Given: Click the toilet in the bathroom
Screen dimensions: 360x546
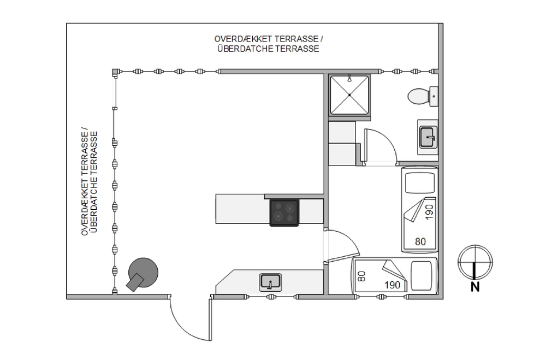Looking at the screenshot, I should (418, 96).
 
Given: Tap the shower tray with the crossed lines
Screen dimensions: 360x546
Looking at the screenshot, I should (349, 95).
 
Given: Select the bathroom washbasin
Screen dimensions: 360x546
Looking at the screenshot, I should (428, 136).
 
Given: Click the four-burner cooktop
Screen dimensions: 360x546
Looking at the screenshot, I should (284, 213).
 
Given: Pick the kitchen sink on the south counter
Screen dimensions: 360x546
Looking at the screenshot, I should (270, 282).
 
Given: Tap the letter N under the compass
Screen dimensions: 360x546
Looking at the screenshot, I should (475, 286).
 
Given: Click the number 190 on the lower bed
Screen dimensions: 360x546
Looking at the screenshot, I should (392, 285).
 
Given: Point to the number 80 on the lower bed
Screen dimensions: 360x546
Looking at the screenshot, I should (361, 276).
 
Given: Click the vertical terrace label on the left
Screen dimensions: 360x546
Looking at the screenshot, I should (89, 182).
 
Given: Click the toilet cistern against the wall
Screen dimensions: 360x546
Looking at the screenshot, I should (434, 96).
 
